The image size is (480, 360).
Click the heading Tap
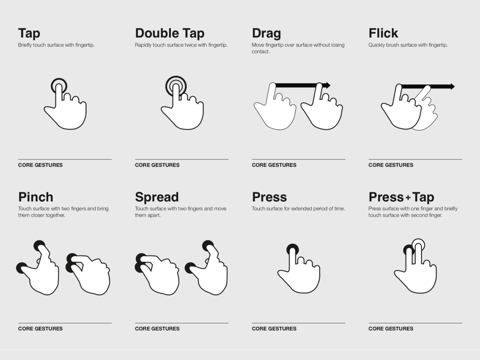(x=29, y=33)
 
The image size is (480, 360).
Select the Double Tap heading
(x=170, y=33)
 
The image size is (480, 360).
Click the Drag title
(x=266, y=33)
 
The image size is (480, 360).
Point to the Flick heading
(x=383, y=33)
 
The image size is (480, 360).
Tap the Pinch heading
(x=36, y=197)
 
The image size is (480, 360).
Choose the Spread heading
(x=157, y=197)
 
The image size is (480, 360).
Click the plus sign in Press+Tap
(x=408, y=198)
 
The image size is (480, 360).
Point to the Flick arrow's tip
(x=455, y=87)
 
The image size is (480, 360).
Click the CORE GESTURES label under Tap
(x=40, y=165)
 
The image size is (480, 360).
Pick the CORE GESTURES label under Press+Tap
(x=391, y=329)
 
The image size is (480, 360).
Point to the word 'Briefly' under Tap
(x=25, y=45)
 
